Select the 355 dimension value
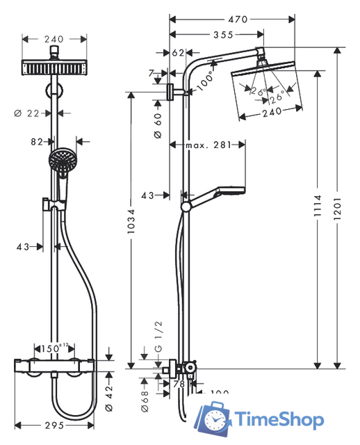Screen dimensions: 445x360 (x=222, y=34)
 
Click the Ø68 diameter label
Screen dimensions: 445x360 (x=144, y=398)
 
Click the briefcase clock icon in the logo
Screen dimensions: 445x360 (x=213, y=417)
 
